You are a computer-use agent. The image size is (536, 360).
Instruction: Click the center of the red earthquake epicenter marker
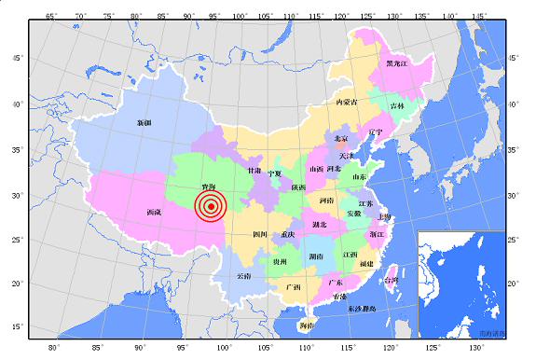[x=212, y=207]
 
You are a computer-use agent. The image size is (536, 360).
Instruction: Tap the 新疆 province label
[x=144, y=123]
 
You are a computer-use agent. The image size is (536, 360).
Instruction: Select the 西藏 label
[x=154, y=213]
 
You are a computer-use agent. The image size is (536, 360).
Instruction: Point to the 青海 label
[x=210, y=187]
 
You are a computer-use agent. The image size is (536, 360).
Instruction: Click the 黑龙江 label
[x=396, y=63]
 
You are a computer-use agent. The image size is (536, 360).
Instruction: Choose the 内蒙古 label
[x=347, y=102]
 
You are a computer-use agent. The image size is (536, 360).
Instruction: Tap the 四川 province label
[x=260, y=234]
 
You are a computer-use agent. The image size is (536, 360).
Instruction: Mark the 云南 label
[x=243, y=276]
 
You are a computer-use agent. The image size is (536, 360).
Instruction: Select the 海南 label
[x=307, y=325]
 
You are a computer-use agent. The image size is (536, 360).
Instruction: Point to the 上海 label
[x=385, y=217]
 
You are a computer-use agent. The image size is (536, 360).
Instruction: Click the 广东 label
[x=336, y=282]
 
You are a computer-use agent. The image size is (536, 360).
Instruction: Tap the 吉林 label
[x=397, y=106]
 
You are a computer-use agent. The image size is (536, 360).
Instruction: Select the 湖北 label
[x=320, y=225]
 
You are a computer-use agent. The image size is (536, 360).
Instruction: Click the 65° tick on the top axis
[x=52, y=16]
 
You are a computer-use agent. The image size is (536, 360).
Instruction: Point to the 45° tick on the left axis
[x=17, y=58]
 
